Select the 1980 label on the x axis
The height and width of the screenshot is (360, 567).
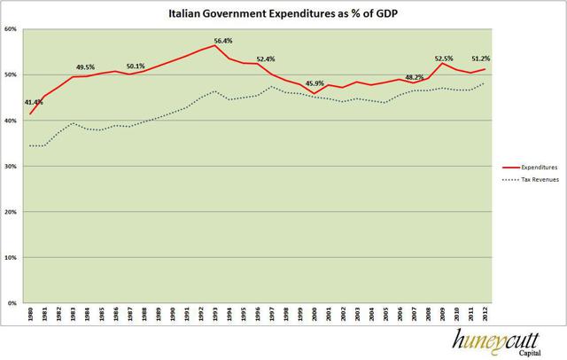click(31, 317)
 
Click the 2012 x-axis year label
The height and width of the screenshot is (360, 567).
click(485, 317)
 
